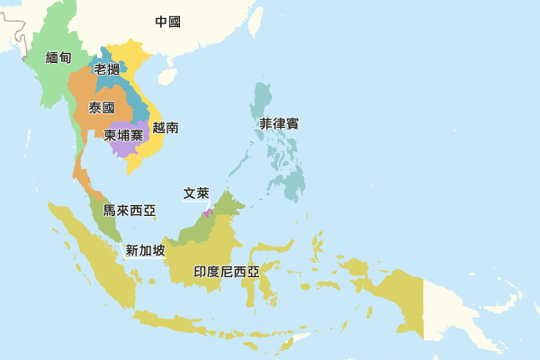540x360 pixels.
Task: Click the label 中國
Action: point(167,22)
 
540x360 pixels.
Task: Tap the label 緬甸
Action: point(58,58)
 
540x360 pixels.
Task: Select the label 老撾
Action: point(106,69)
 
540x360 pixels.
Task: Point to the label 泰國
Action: point(102,108)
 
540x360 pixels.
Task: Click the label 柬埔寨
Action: point(123,135)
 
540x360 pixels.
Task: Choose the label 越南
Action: point(166,128)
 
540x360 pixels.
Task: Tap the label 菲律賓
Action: point(279,124)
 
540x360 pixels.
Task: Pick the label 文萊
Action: point(196,193)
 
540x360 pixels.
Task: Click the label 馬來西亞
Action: point(129,211)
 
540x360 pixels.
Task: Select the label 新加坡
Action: point(145,250)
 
